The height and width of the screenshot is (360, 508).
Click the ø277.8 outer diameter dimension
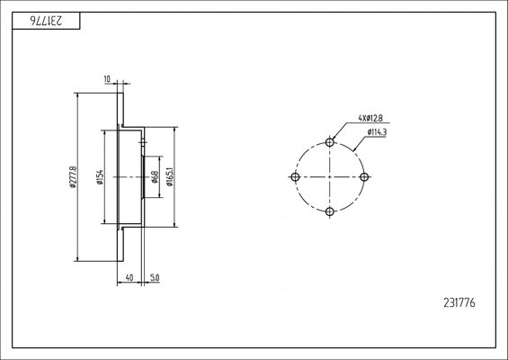coord(72,177)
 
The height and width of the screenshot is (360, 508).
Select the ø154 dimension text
coord(100,177)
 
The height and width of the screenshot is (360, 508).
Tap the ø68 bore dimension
coord(155,177)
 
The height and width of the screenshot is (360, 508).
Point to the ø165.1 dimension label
coord(171,177)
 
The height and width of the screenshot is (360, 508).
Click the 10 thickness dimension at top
coord(107,79)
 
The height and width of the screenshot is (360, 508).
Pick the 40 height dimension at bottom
coord(129,277)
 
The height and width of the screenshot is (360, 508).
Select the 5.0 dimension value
coord(155,277)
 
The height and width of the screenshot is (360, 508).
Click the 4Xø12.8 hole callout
coord(370,118)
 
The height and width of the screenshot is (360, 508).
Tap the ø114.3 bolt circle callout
coord(377,132)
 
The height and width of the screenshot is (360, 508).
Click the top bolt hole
coord(330,142)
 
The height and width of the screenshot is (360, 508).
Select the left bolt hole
coord(295,177)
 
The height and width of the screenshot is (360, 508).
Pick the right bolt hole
coord(364,177)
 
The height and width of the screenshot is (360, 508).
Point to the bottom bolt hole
coord(330,211)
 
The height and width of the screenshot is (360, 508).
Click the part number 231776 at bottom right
coord(459,303)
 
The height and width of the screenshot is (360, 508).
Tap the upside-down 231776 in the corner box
coord(47,21)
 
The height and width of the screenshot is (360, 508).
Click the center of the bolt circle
coord(330,177)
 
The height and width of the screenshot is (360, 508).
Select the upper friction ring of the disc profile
coord(120,110)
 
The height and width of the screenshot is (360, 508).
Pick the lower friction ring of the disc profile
coord(120,244)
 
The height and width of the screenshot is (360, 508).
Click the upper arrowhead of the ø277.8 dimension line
coord(77,95)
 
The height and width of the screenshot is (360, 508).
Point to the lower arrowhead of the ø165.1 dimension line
coord(175,225)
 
